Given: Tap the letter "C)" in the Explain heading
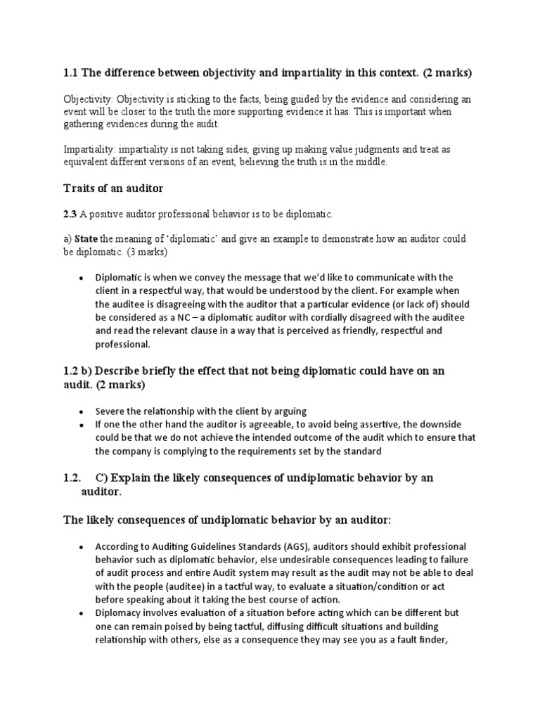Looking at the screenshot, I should coord(103,477).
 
